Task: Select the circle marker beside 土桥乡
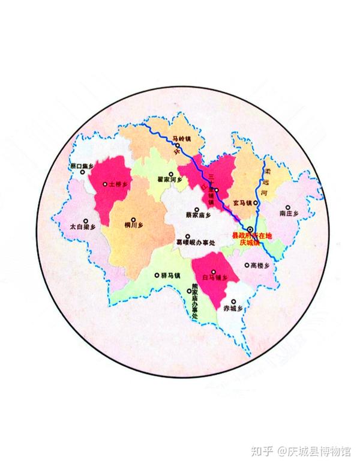tap(104, 184)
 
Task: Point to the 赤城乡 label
tap(231, 308)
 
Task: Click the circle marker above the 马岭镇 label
tap(178, 146)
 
